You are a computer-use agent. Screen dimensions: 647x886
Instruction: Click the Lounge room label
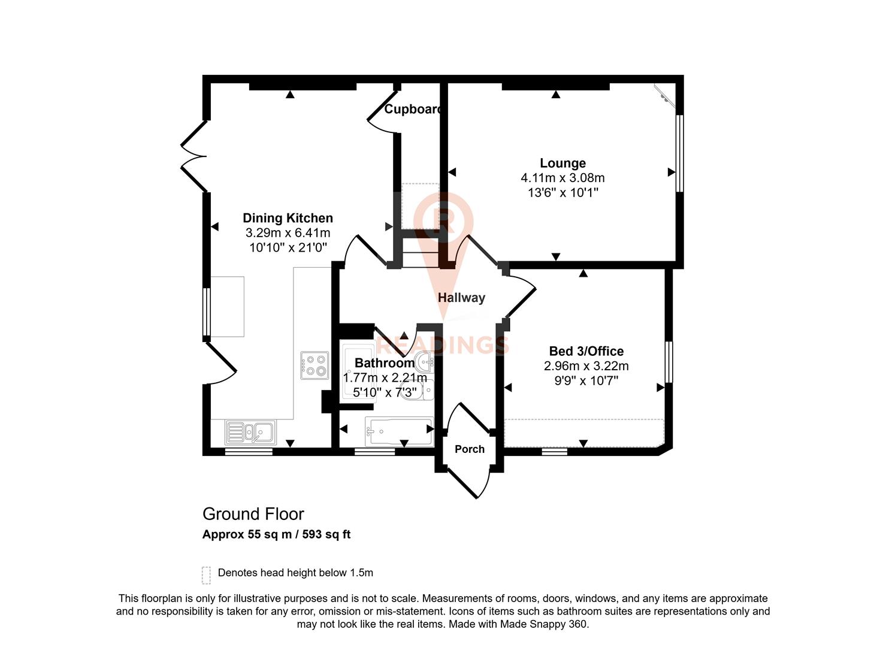(x=563, y=163)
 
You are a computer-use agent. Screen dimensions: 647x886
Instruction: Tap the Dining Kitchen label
(x=288, y=218)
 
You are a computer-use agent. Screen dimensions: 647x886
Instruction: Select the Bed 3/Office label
(x=586, y=351)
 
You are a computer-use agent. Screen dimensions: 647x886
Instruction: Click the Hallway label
(x=461, y=297)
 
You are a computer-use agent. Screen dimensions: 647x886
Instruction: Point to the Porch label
(x=469, y=449)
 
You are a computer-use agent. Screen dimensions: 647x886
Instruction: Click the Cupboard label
(x=413, y=109)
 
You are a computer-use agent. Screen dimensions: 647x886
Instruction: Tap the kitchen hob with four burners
(x=315, y=365)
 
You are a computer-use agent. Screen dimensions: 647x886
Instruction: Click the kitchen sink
(x=251, y=431)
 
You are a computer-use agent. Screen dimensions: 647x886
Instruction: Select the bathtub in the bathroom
(x=398, y=430)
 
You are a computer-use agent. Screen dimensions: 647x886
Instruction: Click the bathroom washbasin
(x=426, y=361)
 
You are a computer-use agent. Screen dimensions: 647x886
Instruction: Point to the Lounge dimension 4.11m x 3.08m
(x=563, y=178)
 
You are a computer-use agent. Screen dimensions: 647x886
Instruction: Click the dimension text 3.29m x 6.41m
(x=288, y=233)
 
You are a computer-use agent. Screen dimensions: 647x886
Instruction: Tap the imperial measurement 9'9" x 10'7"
(x=586, y=380)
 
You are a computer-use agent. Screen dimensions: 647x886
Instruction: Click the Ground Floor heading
(x=253, y=514)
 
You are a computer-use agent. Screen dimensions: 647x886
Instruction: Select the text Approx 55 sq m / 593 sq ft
(x=276, y=534)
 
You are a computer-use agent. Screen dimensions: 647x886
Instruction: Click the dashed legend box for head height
(x=207, y=575)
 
